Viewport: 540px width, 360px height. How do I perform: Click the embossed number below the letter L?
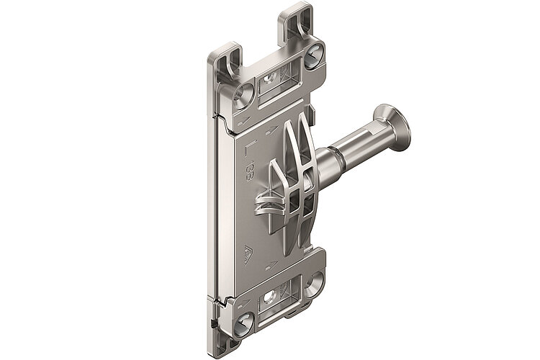pos(248,175)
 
